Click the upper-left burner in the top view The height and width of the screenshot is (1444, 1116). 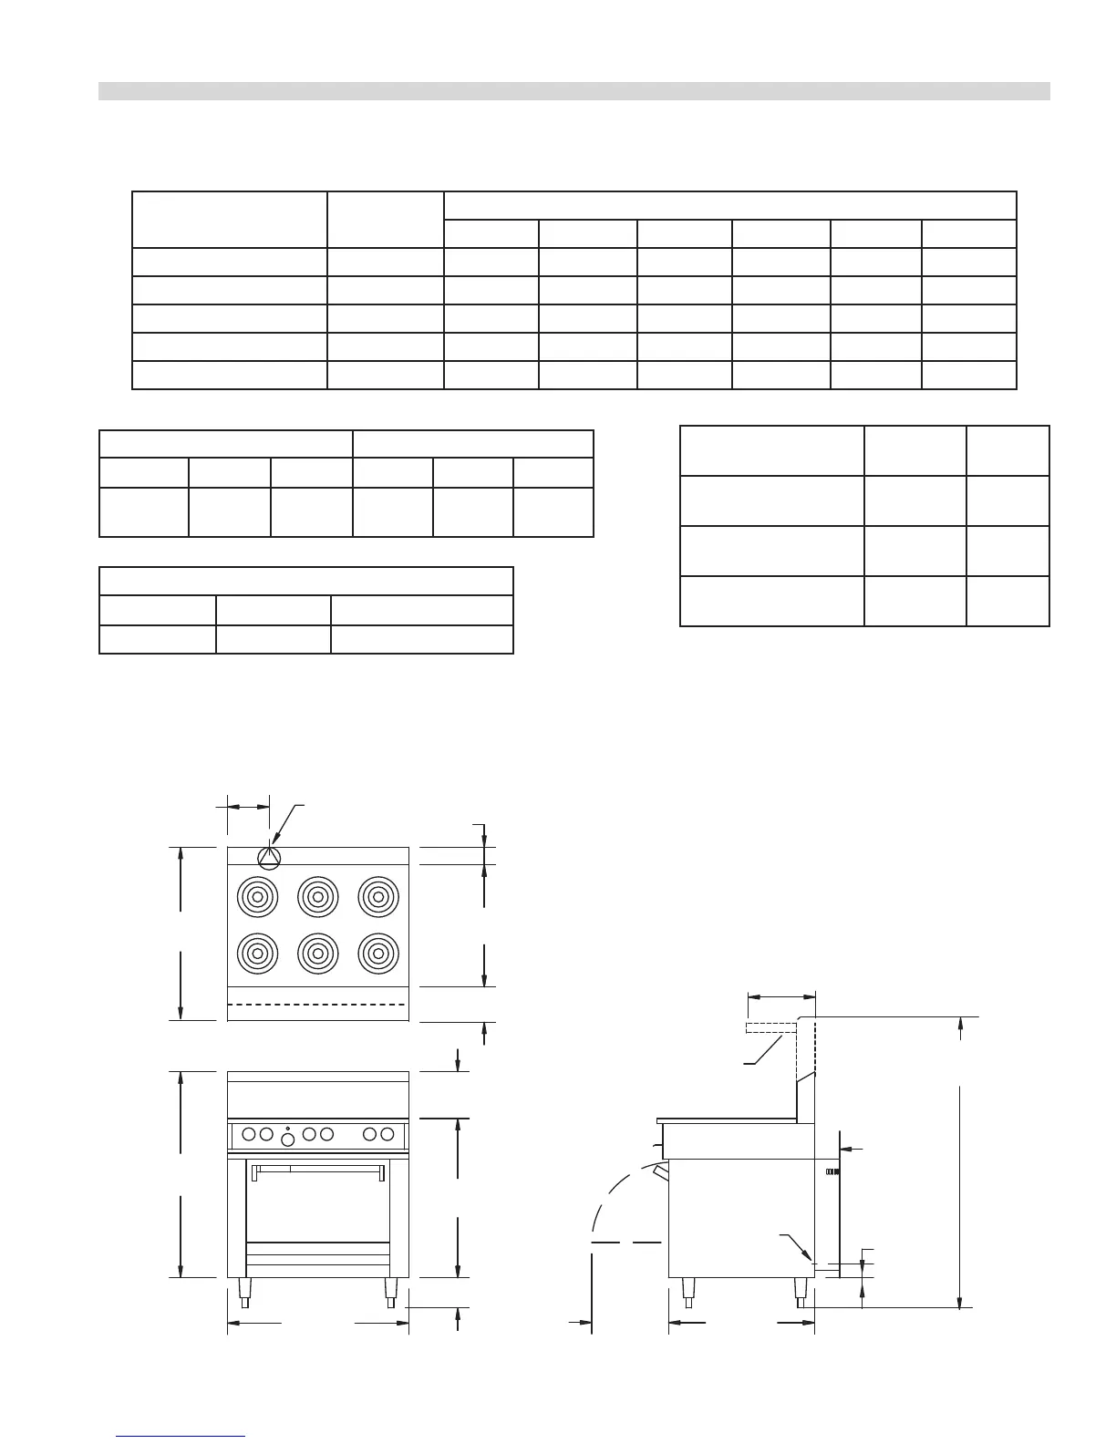257,897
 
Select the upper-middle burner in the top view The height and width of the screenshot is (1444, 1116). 318,897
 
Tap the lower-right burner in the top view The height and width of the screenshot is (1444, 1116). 377,954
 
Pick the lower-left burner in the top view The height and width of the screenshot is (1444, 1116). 257,954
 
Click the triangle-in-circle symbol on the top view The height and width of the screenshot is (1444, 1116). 269,857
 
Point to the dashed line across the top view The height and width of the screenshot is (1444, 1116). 318,1004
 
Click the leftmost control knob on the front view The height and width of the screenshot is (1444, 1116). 249,1134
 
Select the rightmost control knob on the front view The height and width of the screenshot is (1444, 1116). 387,1134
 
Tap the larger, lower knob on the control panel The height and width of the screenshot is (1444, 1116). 288,1140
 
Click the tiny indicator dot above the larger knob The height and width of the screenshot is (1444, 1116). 288,1128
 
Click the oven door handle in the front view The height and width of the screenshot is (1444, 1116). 316,1167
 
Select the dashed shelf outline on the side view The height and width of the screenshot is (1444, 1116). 771,1028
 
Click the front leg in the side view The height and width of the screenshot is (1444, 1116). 688,1291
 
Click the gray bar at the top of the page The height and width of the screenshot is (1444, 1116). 574,91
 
